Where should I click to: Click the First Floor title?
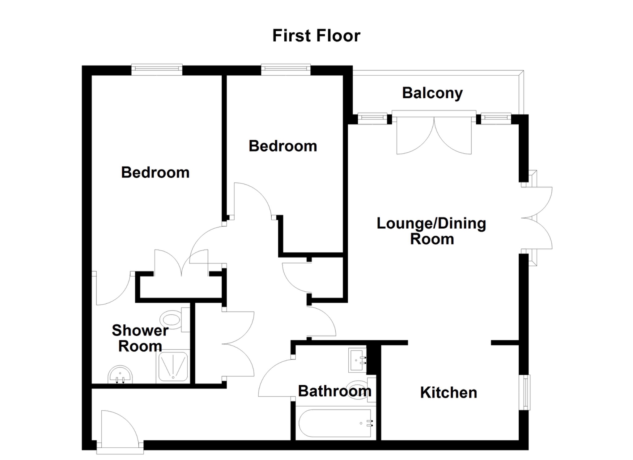(316, 36)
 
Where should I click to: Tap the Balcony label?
(432, 93)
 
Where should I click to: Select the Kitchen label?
(448, 393)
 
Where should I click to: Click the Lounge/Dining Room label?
(431, 231)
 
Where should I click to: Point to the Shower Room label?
(140, 338)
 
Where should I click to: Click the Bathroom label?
(335, 391)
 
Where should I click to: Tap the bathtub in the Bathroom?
(335, 423)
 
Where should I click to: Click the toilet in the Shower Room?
(175, 320)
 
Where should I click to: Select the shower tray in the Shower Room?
(173, 367)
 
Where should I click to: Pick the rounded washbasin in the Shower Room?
(120, 375)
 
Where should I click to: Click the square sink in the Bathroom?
(357, 360)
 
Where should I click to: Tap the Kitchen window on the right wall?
(525, 392)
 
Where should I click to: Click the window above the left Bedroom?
(157, 70)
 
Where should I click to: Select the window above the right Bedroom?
(286, 70)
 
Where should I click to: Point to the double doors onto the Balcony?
(434, 133)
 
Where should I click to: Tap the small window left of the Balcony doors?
(372, 119)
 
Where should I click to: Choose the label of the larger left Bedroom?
(155, 172)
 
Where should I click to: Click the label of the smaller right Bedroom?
(283, 146)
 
